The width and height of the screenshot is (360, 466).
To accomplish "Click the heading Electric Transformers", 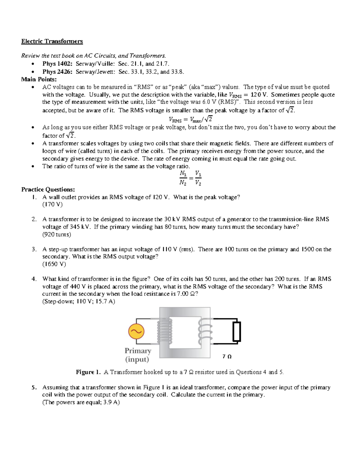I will point(52,41).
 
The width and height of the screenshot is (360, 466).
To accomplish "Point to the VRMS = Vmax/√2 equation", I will point(190,119).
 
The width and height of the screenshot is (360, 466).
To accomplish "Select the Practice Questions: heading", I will point(48,190).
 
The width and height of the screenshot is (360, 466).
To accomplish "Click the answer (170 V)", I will point(52,205).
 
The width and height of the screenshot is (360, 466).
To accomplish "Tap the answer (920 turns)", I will point(57,235).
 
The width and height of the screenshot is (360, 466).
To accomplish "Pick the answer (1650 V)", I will point(54,264).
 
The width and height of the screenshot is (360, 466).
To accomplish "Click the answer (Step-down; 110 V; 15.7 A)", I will point(79,302).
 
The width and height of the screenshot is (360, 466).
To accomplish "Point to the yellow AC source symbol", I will point(136,331).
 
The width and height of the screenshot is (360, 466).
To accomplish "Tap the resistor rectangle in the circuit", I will point(237,331).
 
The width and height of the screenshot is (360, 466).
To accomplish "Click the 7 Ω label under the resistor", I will point(227,356).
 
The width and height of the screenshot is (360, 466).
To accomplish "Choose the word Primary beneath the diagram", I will point(138,350).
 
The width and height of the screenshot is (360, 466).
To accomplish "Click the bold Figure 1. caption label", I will point(88,372).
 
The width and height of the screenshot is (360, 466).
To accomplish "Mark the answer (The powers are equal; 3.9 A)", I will point(81,403).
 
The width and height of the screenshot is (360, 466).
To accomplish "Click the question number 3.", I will point(34,249).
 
